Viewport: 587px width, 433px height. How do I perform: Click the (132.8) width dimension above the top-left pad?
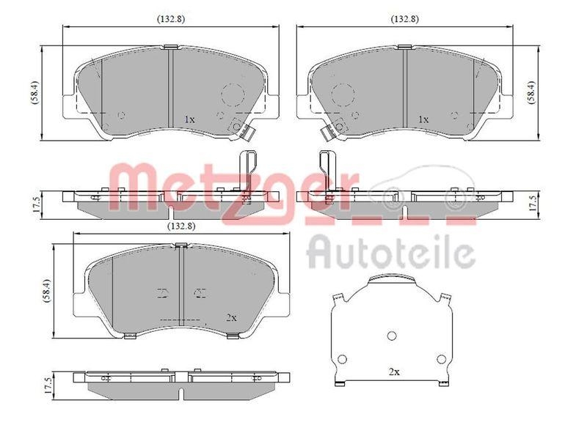(170, 19)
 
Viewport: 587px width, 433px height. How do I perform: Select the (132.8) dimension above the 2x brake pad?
(181, 226)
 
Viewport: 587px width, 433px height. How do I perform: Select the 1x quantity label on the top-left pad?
(189, 119)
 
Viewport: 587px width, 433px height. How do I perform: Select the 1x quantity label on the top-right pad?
(423, 119)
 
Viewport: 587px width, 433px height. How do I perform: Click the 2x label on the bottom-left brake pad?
(231, 317)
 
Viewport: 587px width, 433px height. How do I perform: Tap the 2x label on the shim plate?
(393, 372)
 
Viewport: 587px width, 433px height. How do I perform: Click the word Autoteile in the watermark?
(390, 253)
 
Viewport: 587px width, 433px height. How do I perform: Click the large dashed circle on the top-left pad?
(233, 95)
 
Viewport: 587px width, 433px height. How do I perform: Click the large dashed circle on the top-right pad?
(342, 95)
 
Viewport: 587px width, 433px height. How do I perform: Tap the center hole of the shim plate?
(392, 336)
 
